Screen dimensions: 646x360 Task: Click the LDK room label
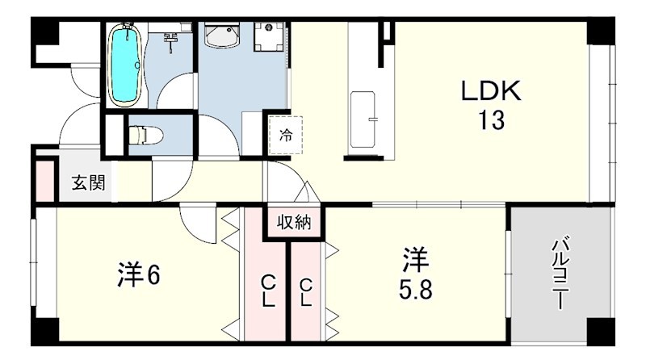click(x=491, y=91)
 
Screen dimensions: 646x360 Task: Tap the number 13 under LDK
click(x=491, y=120)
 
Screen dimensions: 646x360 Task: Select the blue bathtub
click(x=125, y=65)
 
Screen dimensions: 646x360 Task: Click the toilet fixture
click(x=145, y=135)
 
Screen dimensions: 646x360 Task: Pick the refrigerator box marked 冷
click(x=286, y=135)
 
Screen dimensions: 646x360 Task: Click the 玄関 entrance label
click(x=88, y=182)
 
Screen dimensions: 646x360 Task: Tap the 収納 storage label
click(x=294, y=223)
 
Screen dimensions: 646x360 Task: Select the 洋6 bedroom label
click(x=138, y=274)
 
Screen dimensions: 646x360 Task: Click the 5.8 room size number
click(x=415, y=291)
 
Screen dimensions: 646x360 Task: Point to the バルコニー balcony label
click(x=560, y=272)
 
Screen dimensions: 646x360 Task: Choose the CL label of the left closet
click(x=268, y=291)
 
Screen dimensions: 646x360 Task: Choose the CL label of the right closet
click(x=305, y=292)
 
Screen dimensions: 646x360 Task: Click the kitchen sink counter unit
click(x=363, y=119)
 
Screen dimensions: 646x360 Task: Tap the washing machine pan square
click(x=269, y=36)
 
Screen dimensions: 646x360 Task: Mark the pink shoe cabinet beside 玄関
click(x=45, y=182)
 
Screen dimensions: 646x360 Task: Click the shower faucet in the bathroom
click(x=170, y=42)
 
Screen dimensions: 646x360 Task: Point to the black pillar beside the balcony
click(x=601, y=332)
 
